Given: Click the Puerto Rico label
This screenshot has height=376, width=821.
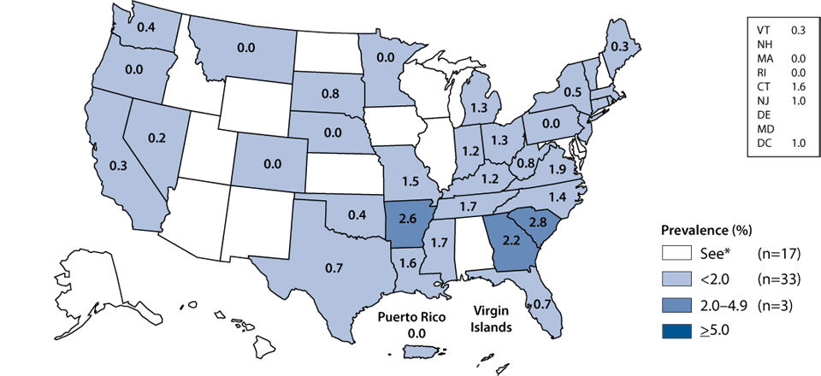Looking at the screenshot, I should pyautogui.click(x=416, y=314).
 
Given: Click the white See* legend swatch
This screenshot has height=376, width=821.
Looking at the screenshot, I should pyautogui.click(x=682, y=253).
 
